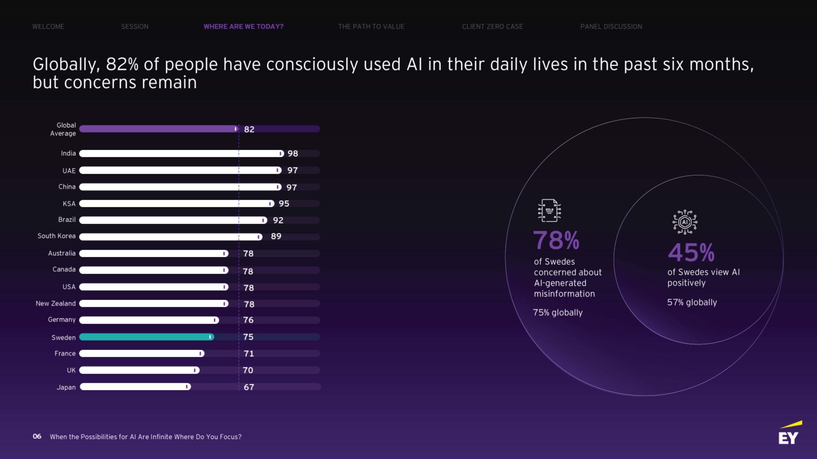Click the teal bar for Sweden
(x=146, y=337)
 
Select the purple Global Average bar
(x=159, y=129)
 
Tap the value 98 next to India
(x=293, y=154)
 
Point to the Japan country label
(x=66, y=387)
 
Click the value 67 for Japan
(x=249, y=387)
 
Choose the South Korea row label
(x=56, y=236)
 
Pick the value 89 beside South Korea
(x=276, y=236)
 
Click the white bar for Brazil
(x=173, y=220)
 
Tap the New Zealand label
(x=56, y=303)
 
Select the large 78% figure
(x=556, y=240)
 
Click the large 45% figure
(x=691, y=252)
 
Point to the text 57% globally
(x=692, y=302)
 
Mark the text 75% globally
(x=558, y=312)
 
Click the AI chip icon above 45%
(x=685, y=222)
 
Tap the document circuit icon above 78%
(x=549, y=210)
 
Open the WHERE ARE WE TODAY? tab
(x=244, y=26)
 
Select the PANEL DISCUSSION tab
(x=611, y=26)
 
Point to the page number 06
(x=37, y=436)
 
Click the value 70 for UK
(x=248, y=370)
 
